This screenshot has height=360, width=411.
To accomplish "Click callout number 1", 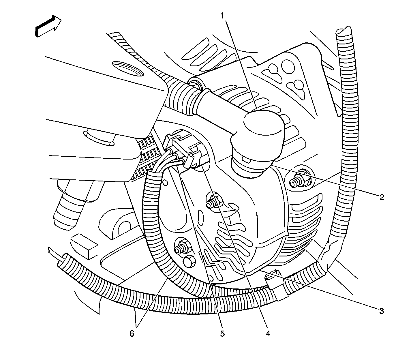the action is click(222, 16).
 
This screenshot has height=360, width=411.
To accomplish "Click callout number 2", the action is click(382, 197).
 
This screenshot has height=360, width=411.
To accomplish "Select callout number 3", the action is click(382, 311).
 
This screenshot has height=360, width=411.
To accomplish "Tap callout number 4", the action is click(268, 334).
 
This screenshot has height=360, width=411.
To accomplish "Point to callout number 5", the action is click(222, 334).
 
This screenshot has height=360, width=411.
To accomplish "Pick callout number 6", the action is click(132, 334).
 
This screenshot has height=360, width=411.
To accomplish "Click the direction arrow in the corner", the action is click(48, 25).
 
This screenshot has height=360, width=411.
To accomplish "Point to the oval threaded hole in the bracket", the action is click(128, 69).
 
